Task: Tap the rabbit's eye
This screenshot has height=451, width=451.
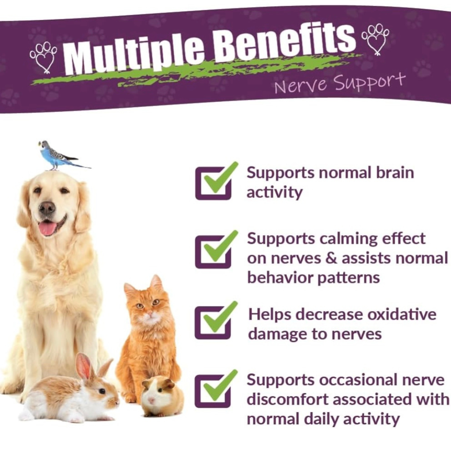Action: click(102, 391)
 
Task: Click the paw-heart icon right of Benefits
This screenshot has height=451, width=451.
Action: click(375, 39)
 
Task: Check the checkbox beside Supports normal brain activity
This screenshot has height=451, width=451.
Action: click(213, 183)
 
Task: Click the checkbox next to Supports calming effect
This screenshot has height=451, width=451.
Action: click(213, 251)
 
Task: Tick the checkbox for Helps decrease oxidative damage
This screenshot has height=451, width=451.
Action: click(213, 322)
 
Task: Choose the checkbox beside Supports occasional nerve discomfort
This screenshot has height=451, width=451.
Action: click(213, 390)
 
